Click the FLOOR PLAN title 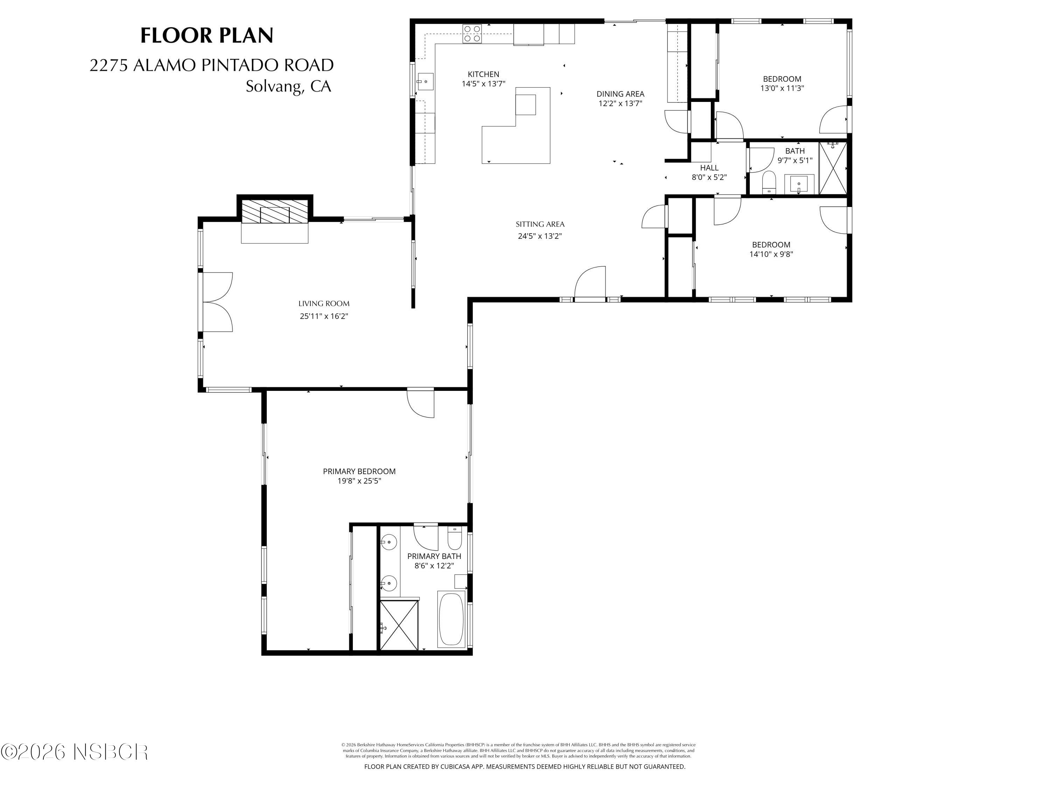[206, 36]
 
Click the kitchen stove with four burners [472, 34]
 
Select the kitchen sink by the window [425, 82]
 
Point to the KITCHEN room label [483, 74]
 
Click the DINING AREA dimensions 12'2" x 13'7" [620, 103]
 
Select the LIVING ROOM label [324, 304]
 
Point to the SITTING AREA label [540, 224]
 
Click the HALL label [709, 168]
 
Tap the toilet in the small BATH [769, 182]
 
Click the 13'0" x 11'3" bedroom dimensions [782, 88]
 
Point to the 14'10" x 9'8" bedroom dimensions [771, 254]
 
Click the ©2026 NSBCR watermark [75, 752]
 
